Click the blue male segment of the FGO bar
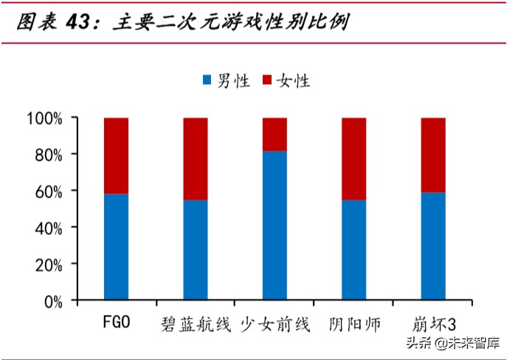click(116, 246)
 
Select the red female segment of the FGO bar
click(116, 156)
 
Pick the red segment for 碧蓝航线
click(196, 159)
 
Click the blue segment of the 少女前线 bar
click(275, 225)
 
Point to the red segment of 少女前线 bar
click(275, 134)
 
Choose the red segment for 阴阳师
click(354, 159)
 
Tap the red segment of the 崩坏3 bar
click(433, 155)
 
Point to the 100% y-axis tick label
click(46, 118)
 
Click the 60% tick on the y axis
click(49, 190)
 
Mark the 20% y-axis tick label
click(49, 263)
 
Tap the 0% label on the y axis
click(53, 300)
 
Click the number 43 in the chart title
click(79, 22)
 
